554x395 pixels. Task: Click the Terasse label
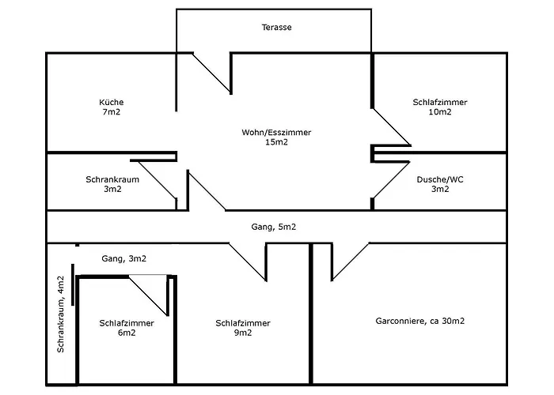[277, 27]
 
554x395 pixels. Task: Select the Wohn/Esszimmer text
[277, 132]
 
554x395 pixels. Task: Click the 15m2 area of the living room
[277, 142]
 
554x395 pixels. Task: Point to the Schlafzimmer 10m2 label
[439, 107]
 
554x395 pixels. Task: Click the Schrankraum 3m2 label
[112, 184]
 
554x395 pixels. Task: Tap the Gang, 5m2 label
[275, 227]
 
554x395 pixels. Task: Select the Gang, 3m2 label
[123, 258]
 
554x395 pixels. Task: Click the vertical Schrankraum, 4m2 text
[60, 315]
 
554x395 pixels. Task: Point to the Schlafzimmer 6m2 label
[127, 328]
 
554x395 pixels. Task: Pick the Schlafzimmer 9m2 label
[243, 328]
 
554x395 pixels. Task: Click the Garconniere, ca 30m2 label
[419, 321]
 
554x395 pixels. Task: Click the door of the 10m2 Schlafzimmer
[392, 126]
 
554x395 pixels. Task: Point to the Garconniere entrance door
[350, 261]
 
